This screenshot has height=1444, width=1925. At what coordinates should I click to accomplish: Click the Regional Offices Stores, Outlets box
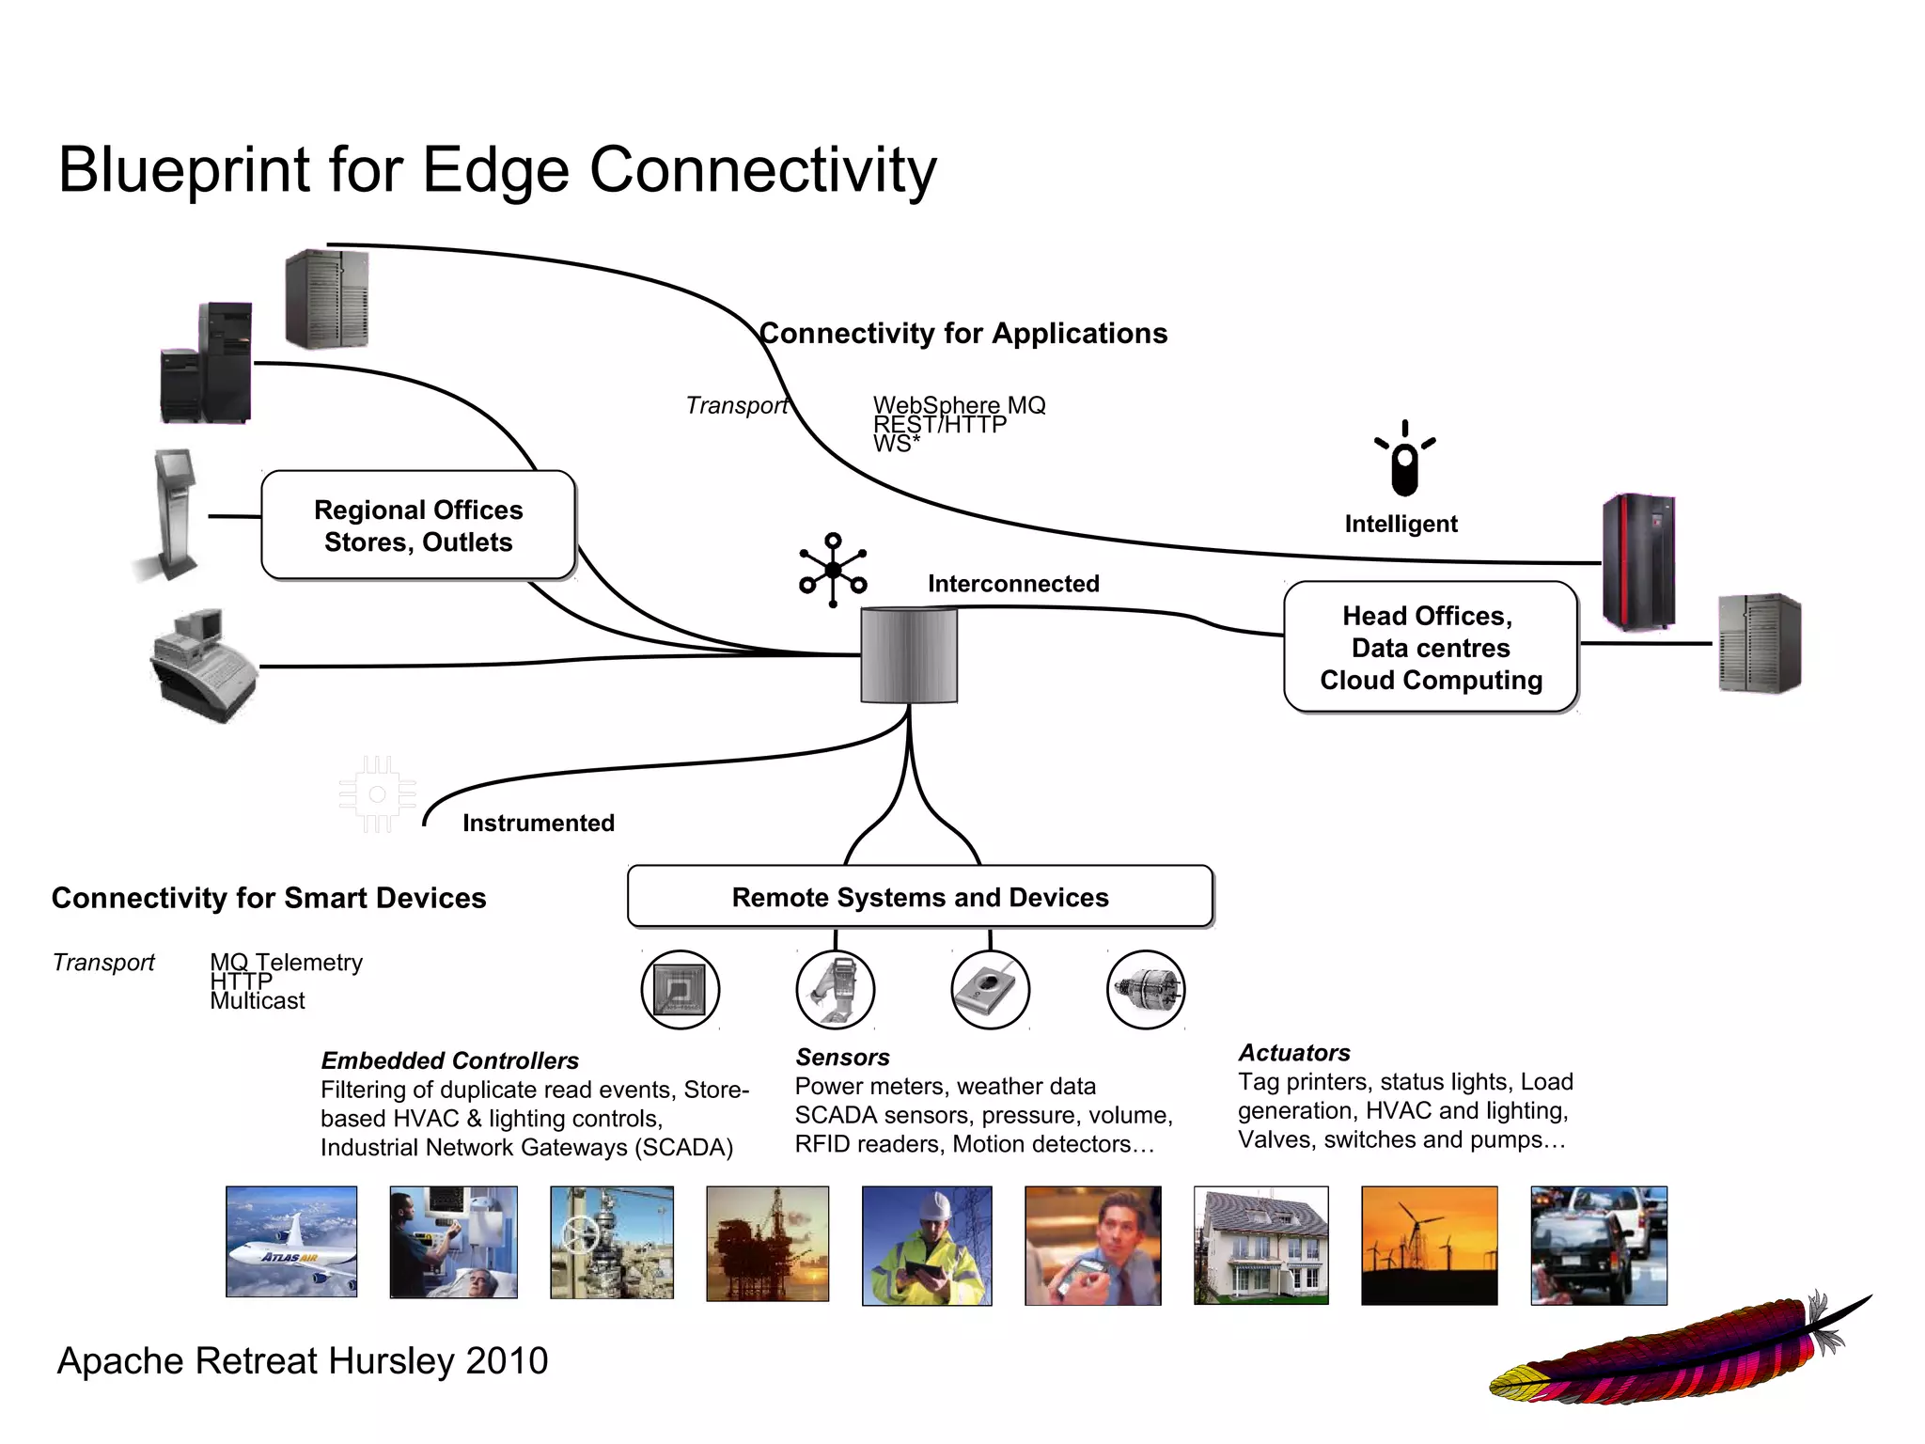418,526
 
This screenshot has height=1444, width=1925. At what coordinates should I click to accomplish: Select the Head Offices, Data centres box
1430,647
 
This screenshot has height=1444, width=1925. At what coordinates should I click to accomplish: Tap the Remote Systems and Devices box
919,897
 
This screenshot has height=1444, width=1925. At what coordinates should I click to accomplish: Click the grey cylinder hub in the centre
909,655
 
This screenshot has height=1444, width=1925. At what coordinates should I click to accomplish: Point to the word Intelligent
1401,524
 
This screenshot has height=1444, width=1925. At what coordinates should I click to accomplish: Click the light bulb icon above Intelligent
1404,460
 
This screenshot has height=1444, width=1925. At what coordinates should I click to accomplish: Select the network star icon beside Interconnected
833,570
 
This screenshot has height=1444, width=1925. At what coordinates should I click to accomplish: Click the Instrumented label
538,823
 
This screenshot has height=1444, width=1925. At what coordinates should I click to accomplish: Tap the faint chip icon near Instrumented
378,794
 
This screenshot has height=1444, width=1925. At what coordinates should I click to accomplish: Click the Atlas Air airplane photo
291,1241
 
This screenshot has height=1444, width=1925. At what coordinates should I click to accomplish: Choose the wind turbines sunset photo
1429,1245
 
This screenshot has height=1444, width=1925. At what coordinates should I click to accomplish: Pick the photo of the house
1260,1245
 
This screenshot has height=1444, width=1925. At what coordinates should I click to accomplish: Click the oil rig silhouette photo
767,1243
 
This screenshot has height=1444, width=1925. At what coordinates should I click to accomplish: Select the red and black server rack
1638,561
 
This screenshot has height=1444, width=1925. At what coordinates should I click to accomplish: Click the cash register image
203,666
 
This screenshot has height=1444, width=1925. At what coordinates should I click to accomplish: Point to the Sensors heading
842,1057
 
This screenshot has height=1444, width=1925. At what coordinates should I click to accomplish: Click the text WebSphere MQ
959,405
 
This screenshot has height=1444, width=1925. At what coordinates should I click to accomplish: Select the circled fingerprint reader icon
990,989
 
